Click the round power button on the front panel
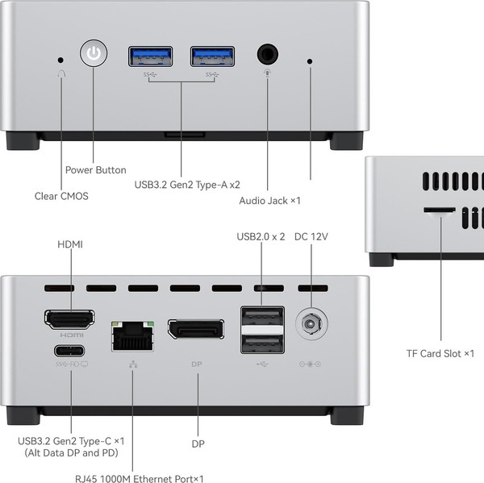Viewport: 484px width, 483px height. (94, 55)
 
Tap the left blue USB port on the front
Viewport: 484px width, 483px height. (150, 56)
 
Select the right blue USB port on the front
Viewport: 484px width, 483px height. (213, 56)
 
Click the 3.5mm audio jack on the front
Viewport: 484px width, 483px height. (268, 55)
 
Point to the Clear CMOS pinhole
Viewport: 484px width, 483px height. (61, 59)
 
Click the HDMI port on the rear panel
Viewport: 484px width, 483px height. (69, 319)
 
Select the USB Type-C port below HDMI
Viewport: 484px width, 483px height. (69, 351)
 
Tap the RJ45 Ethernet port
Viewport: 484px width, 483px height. (132, 335)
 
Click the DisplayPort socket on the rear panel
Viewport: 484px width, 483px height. (196, 329)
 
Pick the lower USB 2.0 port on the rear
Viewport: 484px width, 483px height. (262, 344)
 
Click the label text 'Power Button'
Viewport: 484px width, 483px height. (95, 170)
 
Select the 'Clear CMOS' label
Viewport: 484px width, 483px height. (61, 196)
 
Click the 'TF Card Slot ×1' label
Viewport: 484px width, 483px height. (440, 353)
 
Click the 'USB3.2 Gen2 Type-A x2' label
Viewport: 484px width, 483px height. (187, 184)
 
